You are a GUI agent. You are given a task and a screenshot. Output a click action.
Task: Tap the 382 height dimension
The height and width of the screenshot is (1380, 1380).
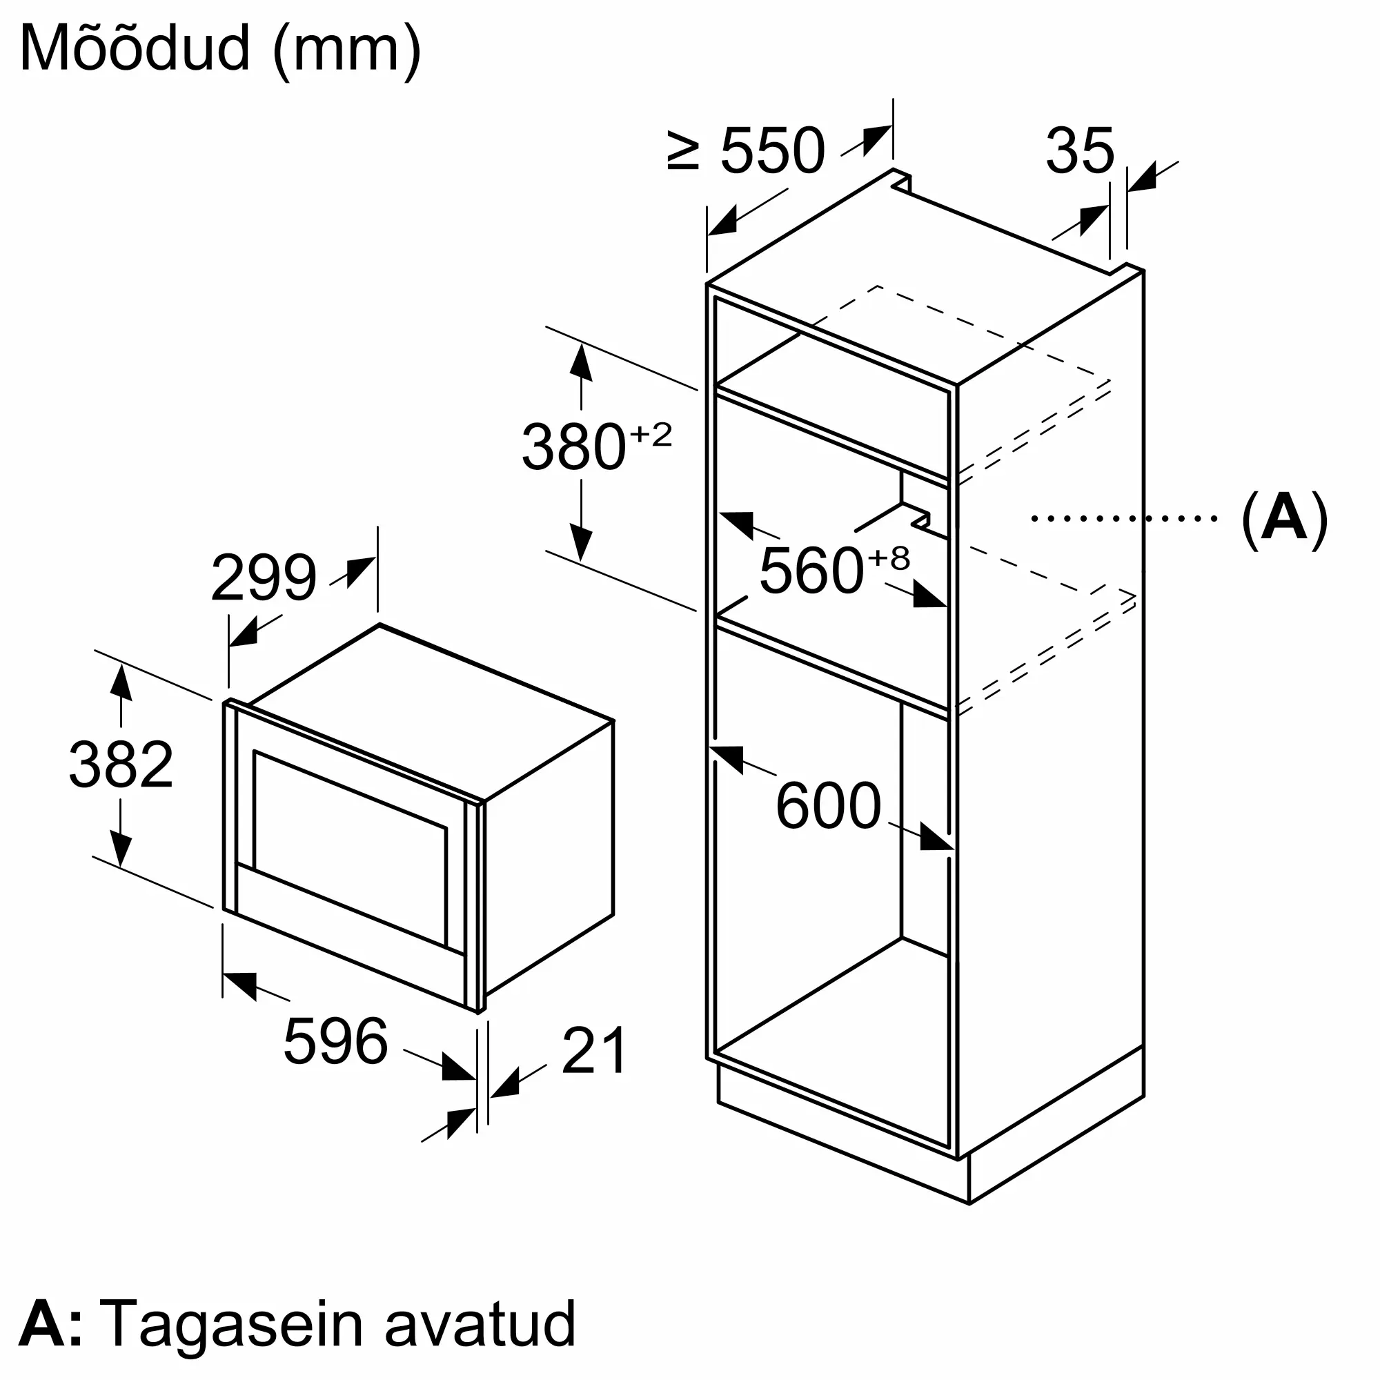tap(121, 765)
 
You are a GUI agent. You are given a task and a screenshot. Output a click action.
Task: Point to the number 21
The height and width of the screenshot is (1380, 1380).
tap(594, 1051)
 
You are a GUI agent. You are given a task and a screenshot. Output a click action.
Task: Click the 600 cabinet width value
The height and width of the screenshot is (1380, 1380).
tap(829, 806)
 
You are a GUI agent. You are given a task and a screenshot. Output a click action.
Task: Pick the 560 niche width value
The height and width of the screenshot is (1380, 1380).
tap(811, 570)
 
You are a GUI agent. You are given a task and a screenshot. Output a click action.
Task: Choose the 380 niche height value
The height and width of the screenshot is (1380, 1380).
tap(574, 447)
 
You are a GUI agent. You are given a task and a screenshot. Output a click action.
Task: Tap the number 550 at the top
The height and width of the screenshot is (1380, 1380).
tap(773, 150)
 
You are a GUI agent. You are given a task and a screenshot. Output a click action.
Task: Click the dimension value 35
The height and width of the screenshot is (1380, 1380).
tap(1080, 150)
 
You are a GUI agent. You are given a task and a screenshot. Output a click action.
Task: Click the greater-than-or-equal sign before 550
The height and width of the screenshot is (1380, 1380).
tap(684, 150)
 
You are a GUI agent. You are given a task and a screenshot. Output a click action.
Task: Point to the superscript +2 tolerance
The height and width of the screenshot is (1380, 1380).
tap(651, 434)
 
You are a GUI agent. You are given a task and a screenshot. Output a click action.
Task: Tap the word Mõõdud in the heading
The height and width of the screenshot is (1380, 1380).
tap(136, 48)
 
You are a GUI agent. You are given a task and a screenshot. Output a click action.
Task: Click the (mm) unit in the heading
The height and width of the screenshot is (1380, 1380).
tap(347, 52)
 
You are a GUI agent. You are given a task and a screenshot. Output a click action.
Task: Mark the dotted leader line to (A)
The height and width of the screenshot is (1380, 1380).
tap(1124, 519)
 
